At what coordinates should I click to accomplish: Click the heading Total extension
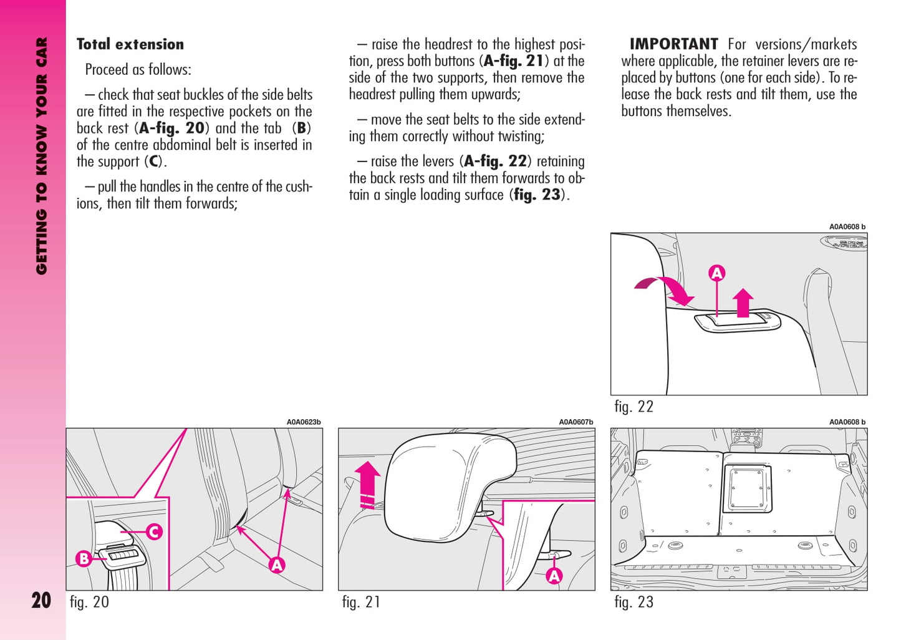point(130,44)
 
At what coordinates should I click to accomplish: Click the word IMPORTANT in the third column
point(673,44)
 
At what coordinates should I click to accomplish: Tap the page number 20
point(41,600)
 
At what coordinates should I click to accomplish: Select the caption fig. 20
point(89,602)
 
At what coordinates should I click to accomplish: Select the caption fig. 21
point(361,602)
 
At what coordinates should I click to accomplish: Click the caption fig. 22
point(634,407)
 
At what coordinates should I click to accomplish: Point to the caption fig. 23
point(634,602)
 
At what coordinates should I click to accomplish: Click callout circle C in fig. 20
point(154,531)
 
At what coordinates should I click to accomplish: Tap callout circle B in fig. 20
point(84,558)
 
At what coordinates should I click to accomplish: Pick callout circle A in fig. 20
point(277,565)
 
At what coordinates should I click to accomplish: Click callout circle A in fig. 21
point(554,576)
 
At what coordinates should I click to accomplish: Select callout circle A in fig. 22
point(717,273)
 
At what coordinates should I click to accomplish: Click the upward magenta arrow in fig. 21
point(369,483)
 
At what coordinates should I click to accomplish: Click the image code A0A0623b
point(304,422)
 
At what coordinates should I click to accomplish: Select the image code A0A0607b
point(576,422)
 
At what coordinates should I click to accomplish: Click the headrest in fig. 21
point(449,487)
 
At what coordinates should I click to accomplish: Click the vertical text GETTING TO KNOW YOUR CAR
point(41,156)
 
